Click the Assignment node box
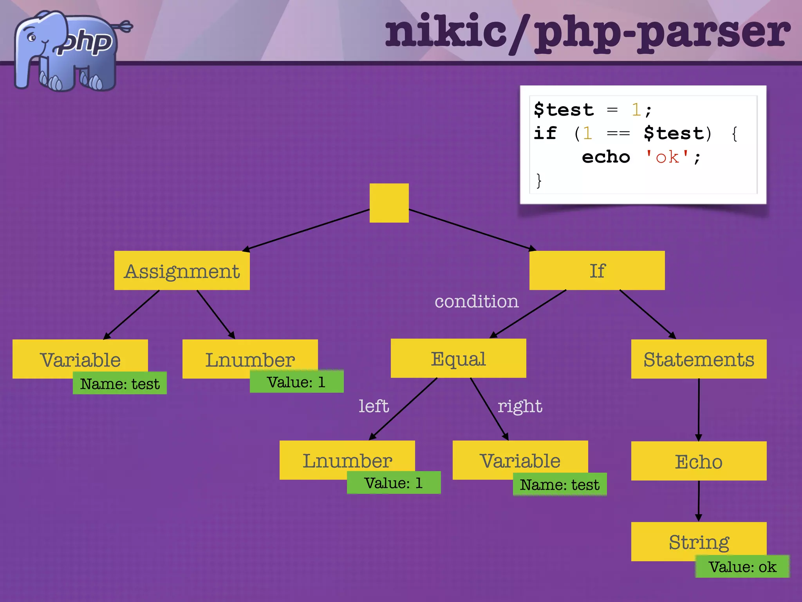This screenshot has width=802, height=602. tap(182, 270)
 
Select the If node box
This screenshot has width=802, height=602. tap(597, 270)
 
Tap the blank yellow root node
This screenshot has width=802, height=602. tap(389, 203)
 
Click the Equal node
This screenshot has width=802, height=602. tap(458, 358)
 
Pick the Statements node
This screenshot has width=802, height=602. tap(699, 359)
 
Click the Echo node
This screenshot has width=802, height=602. tap(699, 461)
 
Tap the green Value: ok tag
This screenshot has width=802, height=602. tap(742, 567)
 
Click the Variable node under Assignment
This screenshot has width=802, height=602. tap(80, 359)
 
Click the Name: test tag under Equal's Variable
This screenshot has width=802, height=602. tap(560, 485)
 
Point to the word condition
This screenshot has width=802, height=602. tap(477, 301)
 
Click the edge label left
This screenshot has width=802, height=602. tap(374, 406)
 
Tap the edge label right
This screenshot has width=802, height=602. tap(520, 406)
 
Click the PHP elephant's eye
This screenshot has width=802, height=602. tap(32, 38)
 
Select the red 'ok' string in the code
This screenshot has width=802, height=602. tap(667, 157)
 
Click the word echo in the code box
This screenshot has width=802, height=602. tap(606, 157)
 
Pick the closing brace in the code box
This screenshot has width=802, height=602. tap(539, 181)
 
